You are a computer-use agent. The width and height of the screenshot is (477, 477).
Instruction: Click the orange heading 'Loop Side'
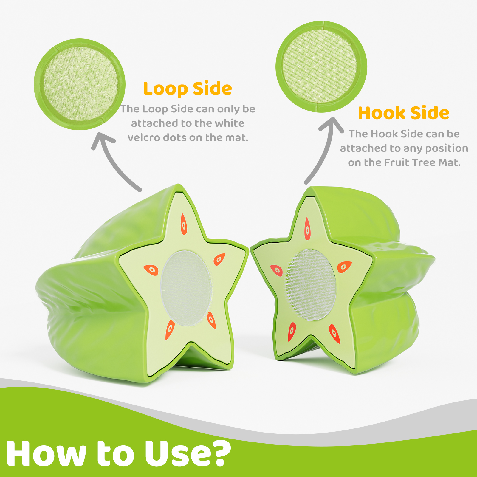tap(188, 89)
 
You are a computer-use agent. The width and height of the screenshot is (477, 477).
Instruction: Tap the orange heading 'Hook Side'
tap(404, 113)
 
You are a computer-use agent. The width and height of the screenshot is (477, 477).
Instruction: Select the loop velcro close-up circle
tap(80, 84)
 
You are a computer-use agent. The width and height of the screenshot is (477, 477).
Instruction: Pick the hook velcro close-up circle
tap(321, 67)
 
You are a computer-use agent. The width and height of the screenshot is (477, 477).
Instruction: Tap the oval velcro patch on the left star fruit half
tap(186, 288)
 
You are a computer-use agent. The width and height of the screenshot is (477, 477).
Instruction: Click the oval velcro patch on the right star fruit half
tap(311, 285)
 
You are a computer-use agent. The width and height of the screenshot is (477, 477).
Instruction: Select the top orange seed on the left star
tap(184, 224)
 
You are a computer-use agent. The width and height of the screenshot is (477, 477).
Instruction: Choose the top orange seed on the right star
tap(307, 229)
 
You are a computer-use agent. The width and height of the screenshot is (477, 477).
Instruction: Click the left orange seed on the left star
tap(151, 270)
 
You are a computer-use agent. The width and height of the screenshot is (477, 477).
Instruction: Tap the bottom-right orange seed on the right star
tap(334, 334)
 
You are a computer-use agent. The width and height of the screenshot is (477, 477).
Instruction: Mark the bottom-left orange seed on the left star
tap(170, 330)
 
